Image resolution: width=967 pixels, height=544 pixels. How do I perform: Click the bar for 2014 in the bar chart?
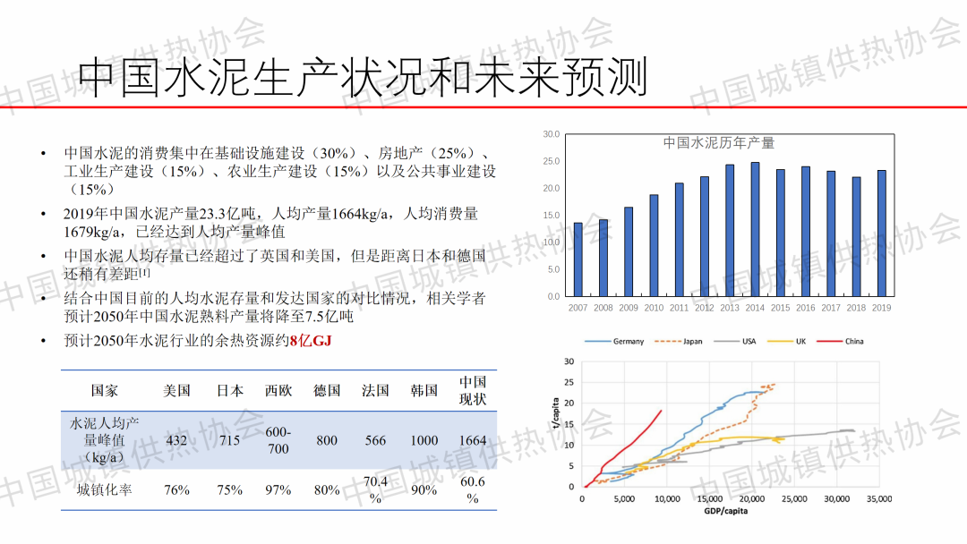pyautogui.click(x=755, y=229)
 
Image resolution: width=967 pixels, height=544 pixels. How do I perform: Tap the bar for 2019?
pyautogui.click(x=882, y=234)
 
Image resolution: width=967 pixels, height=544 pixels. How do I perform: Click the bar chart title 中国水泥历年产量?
pyautogui.click(x=718, y=143)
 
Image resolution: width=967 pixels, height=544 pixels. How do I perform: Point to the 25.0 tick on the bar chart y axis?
pyautogui.click(x=551, y=162)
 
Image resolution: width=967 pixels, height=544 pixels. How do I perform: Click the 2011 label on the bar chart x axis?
pyautogui.click(x=679, y=308)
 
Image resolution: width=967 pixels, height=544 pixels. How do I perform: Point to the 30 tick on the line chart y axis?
pyautogui.click(x=569, y=361)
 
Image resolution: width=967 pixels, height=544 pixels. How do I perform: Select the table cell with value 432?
pyautogui.click(x=176, y=440)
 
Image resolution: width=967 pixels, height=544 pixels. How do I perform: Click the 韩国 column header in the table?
pyautogui.click(x=424, y=391)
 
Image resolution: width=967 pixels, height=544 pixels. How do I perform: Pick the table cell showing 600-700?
pyautogui.click(x=278, y=440)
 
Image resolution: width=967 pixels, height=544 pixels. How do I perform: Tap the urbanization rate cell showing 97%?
pyautogui.click(x=278, y=489)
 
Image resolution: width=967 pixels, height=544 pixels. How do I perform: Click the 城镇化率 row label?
pyautogui.click(x=104, y=489)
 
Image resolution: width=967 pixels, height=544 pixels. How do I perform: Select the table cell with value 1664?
pyautogui.click(x=472, y=440)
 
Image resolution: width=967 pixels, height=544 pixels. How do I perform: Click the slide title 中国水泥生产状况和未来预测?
pyautogui.click(x=363, y=78)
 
